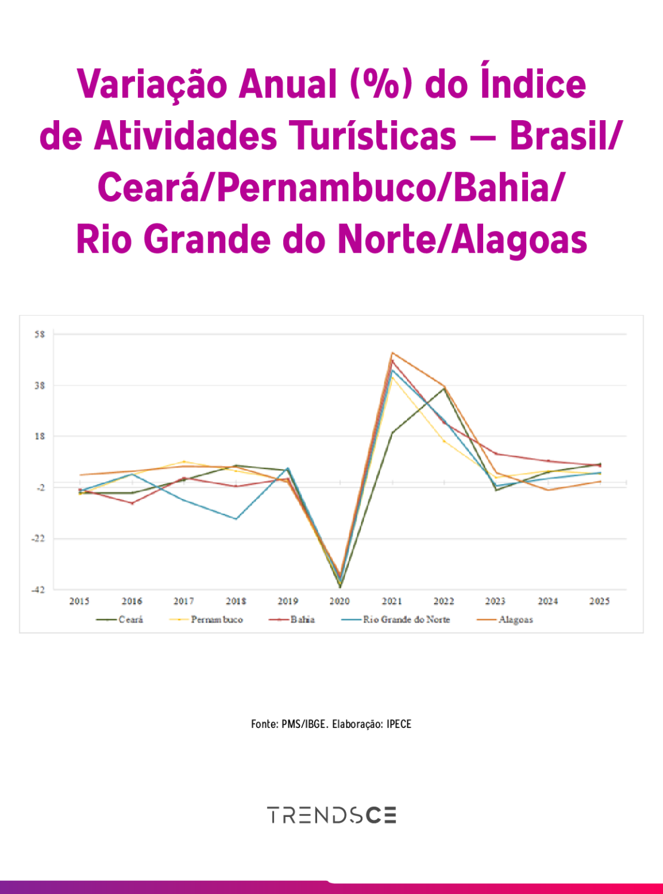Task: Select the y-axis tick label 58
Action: [x=39, y=334]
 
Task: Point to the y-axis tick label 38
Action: [x=39, y=385]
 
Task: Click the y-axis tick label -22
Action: [x=38, y=538]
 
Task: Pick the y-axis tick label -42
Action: [x=38, y=590]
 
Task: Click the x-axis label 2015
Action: [x=79, y=601]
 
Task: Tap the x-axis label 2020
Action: [x=339, y=601]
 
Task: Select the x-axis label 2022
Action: [x=444, y=601]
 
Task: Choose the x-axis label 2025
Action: [x=599, y=601]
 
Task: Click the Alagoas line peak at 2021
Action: [x=392, y=353]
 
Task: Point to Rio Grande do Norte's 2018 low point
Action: [x=236, y=519]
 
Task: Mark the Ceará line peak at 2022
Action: [x=444, y=388]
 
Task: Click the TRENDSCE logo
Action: [x=331, y=815]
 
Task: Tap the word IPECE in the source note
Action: [x=399, y=724]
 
